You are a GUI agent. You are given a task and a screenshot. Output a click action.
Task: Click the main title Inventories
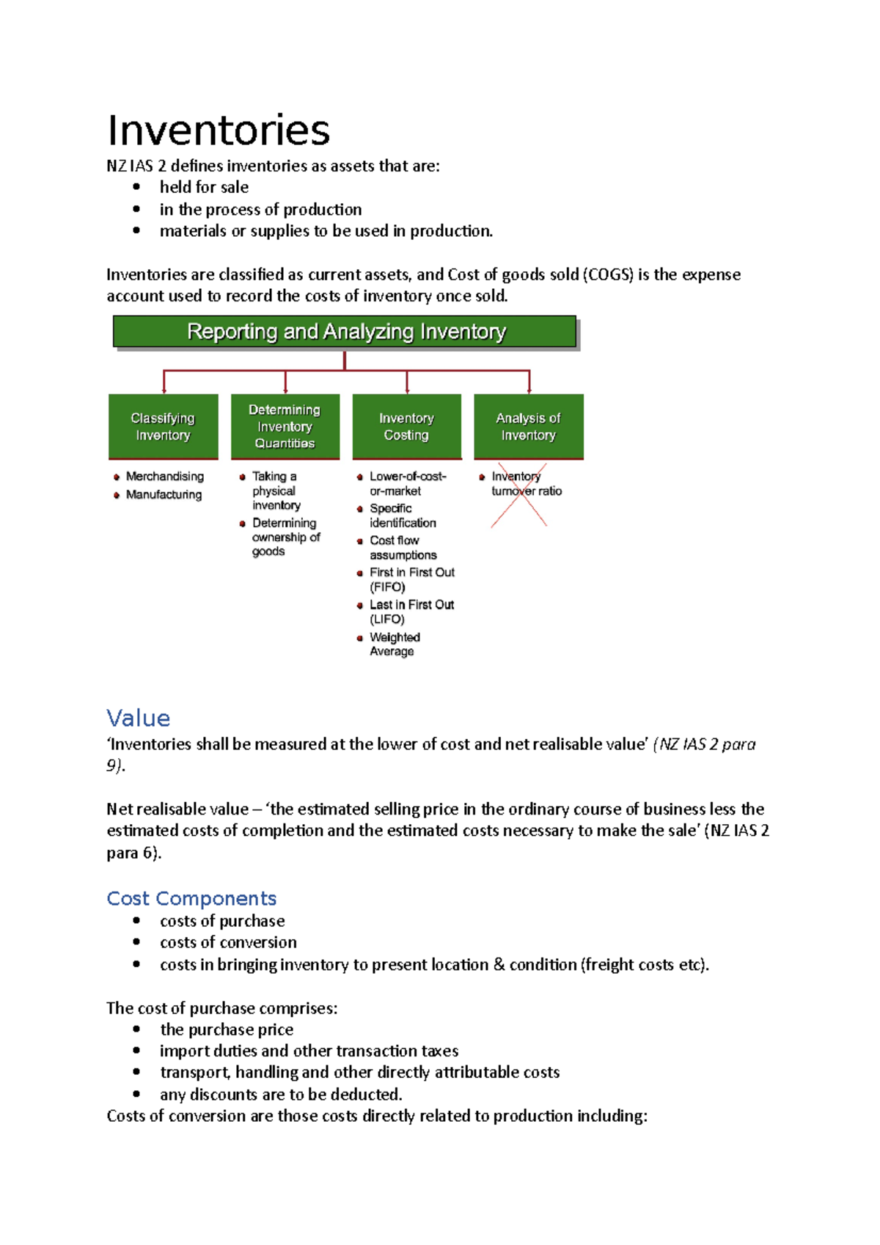click(x=219, y=131)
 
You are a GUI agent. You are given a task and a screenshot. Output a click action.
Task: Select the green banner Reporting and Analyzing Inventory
click(x=345, y=331)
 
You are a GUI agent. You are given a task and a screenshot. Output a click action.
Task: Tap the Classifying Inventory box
click(x=163, y=427)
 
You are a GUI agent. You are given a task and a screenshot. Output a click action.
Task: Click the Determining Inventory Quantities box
click(x=285, y=427)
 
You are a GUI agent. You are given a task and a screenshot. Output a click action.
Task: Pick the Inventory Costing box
click(x=406, y=427)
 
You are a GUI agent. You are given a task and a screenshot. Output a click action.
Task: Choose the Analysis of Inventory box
click(x=528, y=427)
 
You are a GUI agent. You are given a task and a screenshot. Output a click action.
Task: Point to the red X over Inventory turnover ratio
click(x=519, y=494)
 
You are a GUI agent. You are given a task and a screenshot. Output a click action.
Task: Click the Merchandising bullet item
click(x=164, y=477)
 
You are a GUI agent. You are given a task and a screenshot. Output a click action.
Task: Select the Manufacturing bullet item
click(x=164, y=495)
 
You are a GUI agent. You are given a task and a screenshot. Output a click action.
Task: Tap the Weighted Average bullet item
click(x=394, y=644)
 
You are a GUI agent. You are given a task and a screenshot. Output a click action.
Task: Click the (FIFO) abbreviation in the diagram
click(x=387, y=587)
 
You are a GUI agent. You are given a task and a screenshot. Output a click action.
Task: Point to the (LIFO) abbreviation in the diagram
click(x=386, y=620)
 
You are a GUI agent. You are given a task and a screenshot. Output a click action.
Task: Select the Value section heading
click(x=138, y=718)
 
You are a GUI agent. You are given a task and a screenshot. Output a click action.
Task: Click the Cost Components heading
click(x=191, y=898)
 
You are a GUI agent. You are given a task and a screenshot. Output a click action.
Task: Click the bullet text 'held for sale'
click(x=204, y=188)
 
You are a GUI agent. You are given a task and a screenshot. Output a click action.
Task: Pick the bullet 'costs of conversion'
click(x=228, y=942)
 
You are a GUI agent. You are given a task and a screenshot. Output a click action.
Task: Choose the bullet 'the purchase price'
click(x=227, y=1029)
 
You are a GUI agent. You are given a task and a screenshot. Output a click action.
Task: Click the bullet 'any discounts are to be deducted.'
click(x=281, y=1095)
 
